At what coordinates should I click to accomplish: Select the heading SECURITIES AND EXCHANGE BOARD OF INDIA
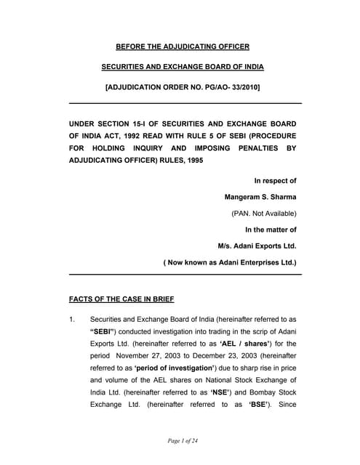pyautogui.click(x=183, y=68)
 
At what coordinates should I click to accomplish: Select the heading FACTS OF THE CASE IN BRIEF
pyautogui.click(x=121, y=299)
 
